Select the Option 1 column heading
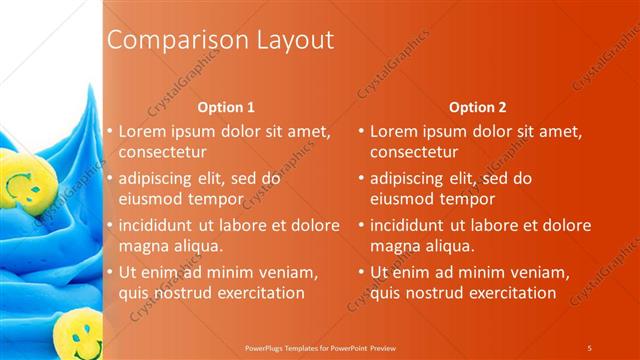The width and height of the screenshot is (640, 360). pyautogui.click(x=226, y=107)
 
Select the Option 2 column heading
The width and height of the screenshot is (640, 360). pyautogui.click(x=477, y=107)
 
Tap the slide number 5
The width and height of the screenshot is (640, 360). pyautogui.click(x=589, y=347)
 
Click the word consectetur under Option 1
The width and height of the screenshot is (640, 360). pyautogui.click(x=163, y=153)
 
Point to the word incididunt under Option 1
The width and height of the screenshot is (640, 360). pyautogui.click(x=160, y=225)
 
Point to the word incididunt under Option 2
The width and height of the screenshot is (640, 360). pyautogui.click(x=411, y=225)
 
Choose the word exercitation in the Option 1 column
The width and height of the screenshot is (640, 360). pyautogui.click(x=258, y=293)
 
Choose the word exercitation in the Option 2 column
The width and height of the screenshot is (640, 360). pyautogui.click(x=509, y=293)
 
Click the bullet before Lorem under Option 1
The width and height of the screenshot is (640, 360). pyautogui.click(x=111, y=131)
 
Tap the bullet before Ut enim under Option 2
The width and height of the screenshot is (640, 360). pyautogui.click(x=362, y=272)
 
